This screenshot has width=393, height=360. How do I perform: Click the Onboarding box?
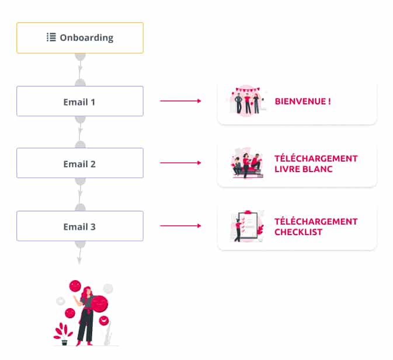pos(79,38)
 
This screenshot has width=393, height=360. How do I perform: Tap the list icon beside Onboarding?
pos(51,37)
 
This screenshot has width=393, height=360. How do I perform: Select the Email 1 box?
pos(79,102)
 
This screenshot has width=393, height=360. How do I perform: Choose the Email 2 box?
pos(79,163)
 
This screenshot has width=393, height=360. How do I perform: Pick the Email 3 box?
pos(79,226)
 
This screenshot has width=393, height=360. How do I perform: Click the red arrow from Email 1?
pos(180,101)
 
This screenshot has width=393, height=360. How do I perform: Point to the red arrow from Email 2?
pos(180,163)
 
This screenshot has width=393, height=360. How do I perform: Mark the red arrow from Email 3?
pos(180,225)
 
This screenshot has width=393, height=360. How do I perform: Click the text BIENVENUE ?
pos(302,102)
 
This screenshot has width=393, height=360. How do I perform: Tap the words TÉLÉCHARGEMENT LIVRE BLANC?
pos(316,163)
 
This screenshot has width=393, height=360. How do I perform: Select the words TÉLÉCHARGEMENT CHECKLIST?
pos(316,226)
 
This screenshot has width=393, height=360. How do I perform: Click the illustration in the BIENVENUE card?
pos(246,102)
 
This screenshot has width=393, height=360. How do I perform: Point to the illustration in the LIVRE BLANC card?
pos(246,164)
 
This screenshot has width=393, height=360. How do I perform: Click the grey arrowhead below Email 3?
pos(80,260)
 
